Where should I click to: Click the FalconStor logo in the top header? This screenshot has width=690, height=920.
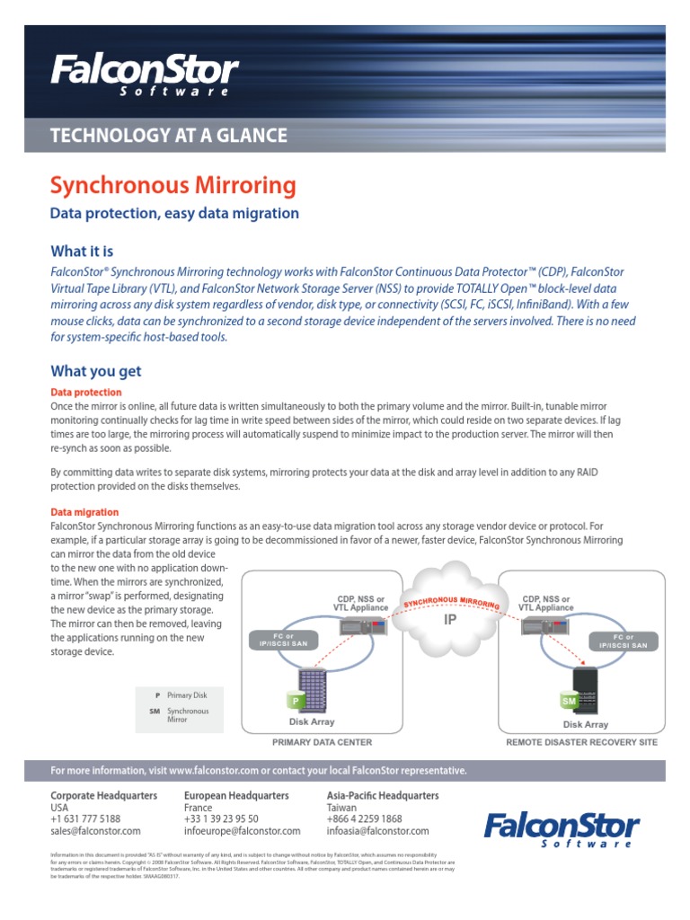pos(144,74)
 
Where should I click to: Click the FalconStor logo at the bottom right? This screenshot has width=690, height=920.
pos(562,828)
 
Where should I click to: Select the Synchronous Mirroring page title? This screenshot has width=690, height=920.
pos(172,186)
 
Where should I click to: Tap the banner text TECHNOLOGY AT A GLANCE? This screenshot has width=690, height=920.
pos(169,136)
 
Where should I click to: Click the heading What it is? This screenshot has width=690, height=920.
pos(82,251)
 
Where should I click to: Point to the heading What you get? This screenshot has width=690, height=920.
pos(95,371)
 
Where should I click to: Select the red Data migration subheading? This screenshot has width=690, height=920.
pos(84,512)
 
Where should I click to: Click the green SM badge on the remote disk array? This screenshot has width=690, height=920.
pos(569,700)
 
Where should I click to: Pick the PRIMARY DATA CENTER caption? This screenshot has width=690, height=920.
pos(322,742)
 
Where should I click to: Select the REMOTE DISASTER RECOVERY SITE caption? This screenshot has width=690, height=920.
pos(581,742)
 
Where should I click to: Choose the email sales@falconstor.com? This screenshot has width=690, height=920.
pos(95,831)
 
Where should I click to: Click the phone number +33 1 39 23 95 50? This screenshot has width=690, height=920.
pos(221,818)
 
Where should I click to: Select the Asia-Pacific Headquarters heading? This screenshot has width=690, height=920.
pos(383,795)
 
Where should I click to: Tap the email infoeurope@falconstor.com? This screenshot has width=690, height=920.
pos(242,831)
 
